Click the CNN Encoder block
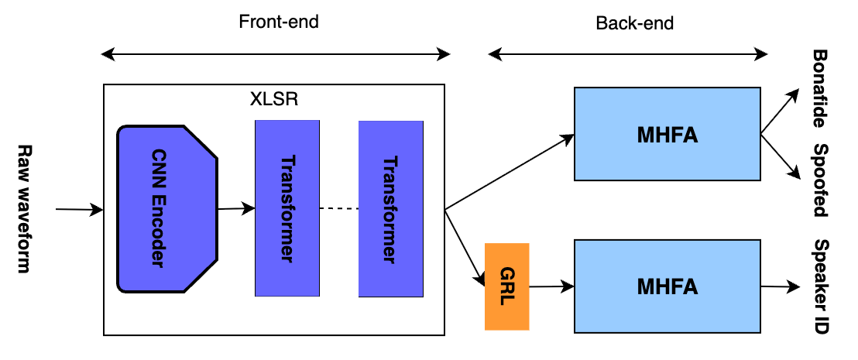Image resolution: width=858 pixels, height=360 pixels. (x=166, y=209)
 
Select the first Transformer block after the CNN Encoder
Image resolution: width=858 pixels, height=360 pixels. (x=287, y=209)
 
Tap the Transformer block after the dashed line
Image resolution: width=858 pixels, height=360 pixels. (x=390, y=209)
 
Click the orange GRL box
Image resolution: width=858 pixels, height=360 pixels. (x=506, y=286)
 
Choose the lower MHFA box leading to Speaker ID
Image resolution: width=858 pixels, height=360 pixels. (x=667, y=286)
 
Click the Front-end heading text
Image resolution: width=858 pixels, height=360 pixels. (x=279, y=22)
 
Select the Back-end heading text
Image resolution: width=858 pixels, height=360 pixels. (x=634, y=23)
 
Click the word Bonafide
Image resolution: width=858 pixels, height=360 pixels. (x=820, y=89)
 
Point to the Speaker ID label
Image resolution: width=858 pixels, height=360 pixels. (x=820, y=286)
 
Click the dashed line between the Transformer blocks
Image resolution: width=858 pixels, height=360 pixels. (x=338, y=209)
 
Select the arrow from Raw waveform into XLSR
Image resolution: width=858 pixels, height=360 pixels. (x=80, y=209)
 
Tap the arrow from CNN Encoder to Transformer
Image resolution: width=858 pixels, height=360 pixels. (x=235, y=207)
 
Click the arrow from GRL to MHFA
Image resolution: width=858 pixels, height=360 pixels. (x=551, y=287)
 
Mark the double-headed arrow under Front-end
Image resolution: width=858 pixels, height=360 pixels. (x=276, y=54)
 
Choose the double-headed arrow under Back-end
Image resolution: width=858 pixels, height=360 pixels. (x=628, y=54)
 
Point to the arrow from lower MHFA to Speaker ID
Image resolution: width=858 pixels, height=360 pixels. (x=780, y=287)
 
